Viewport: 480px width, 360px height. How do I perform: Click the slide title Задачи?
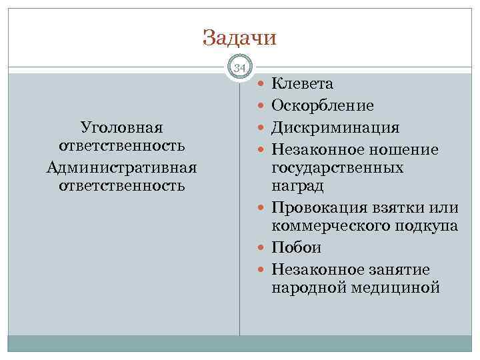(239, 37)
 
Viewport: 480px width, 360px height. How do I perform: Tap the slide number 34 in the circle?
(240, 67)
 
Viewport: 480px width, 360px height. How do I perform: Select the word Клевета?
(303, 84)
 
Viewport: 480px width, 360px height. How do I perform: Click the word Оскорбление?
(323, 105)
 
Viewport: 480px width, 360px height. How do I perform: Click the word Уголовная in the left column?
(121, 127)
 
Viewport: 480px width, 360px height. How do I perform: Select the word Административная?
(121, 165)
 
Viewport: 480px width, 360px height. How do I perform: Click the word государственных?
(337, 167)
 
